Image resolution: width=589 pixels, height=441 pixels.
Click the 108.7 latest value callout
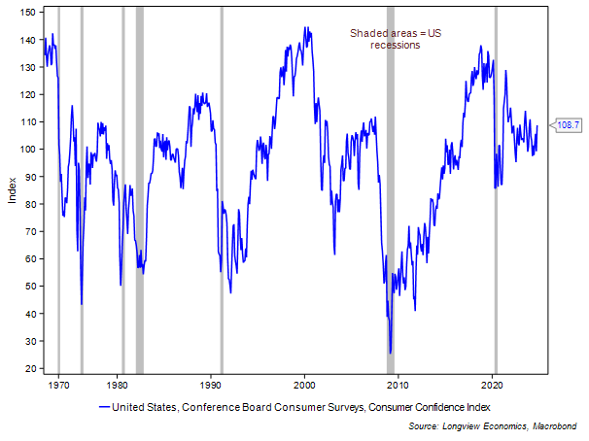pyautogui.click(x=567, y=125)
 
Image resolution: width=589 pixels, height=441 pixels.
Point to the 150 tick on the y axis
pyautogui.click(x=29, y=13)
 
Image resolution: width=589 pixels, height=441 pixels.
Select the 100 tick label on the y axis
pyautogui.click(x=29, y=150)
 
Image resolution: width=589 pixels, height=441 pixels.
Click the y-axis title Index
pyautogui.click(x=12, y=190)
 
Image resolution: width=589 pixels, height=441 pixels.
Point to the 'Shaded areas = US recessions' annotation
pyautogui.click(x=386, y=39)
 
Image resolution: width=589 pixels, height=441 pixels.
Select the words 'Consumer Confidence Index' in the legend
pyautogui.click(x=429, y=406)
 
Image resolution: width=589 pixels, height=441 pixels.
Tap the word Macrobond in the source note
pyautogui.click(x=559, y=424)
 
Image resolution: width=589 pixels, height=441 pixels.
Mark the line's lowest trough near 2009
pyautogui.click(x=390, y=354)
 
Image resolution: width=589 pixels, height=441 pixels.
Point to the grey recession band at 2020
pyautogui.click(x=496, y=194)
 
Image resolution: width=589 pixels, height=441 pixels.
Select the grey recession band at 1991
pyautogui.click(x=222, y=194)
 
